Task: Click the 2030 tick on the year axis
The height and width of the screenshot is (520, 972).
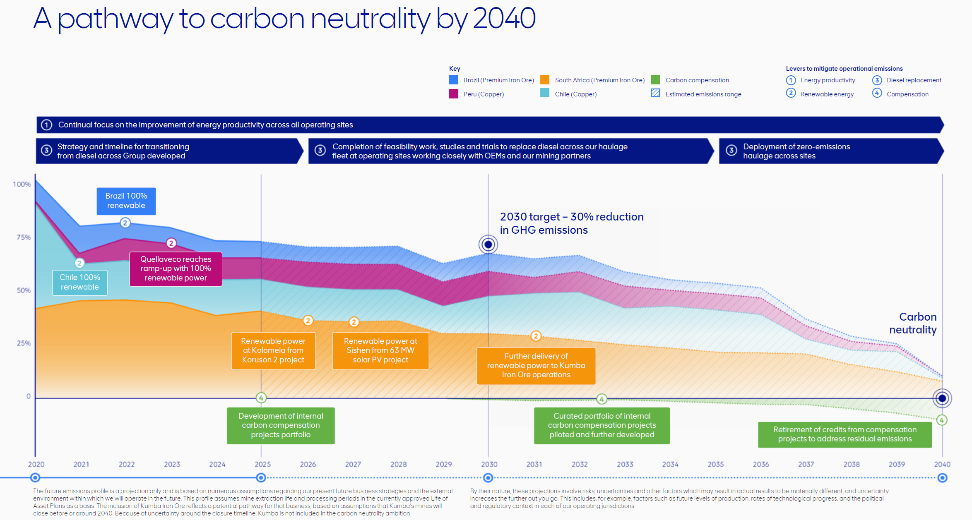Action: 489,464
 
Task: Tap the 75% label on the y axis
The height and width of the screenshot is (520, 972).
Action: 24,237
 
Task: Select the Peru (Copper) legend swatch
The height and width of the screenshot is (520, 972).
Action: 453,94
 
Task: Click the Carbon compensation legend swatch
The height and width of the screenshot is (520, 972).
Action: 655,80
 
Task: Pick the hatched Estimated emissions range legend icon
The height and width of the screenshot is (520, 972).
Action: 655,93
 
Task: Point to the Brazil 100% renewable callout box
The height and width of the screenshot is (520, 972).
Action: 126,201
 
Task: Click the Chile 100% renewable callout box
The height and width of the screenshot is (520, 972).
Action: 80,283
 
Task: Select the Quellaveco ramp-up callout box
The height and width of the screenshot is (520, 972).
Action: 176,269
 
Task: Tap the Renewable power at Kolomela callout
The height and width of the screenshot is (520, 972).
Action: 273,350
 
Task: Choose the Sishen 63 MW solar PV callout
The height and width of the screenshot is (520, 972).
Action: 380,350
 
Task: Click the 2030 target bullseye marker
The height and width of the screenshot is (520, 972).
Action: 488,244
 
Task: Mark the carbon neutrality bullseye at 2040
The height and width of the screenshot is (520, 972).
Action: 942,398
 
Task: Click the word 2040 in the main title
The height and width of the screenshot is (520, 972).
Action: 504,19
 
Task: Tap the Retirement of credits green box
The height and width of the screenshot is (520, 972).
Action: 844,434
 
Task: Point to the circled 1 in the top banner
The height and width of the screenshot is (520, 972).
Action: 47,125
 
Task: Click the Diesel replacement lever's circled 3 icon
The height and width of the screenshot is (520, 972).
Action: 877,80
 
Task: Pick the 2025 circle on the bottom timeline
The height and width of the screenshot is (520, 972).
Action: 261,478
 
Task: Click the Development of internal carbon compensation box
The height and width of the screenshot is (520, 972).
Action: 281,425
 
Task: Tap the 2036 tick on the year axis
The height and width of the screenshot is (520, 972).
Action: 761,464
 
